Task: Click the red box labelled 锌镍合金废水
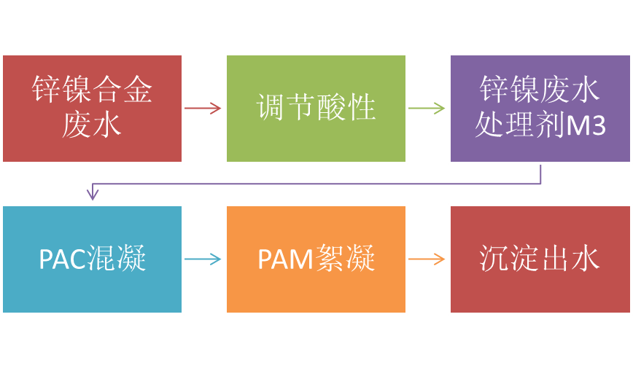point(92,108)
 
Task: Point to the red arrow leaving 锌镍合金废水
point(203,109)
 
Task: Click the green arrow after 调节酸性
point(427,109)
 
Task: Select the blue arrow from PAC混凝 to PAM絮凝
point(203,259)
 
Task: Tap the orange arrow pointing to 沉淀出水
point(427,259)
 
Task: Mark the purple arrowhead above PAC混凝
point(92,195)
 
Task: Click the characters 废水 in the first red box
point(92,125)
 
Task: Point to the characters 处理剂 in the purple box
point(519,126)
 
